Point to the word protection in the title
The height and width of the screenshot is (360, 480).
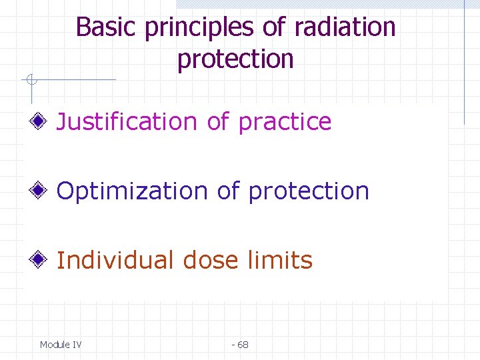[235, 59]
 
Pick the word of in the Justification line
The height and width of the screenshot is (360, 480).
[218, 122]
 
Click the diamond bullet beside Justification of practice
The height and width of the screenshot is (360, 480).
[40, 122]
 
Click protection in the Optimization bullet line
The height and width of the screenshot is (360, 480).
[309, 192]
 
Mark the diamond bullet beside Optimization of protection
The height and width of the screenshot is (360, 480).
[40, 191]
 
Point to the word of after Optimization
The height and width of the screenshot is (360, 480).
[229, 191]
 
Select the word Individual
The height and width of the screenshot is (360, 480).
[115, 260]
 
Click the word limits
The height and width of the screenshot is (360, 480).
[280, 260]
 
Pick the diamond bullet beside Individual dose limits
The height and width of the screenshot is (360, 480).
[40, 260]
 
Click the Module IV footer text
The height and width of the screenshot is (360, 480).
[61, 345]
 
